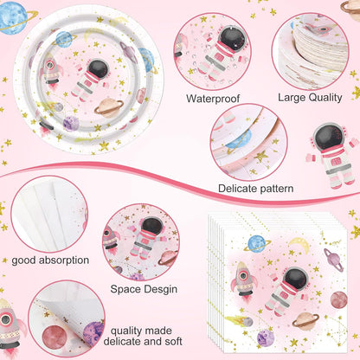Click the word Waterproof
click(213, 99)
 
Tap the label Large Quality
click(310, 98)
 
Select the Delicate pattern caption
click(256, 189)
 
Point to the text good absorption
click(50, 260)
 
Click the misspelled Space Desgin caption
click(144, 289)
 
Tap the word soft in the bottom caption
click(173, 342)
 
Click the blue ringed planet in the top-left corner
click(15, 18)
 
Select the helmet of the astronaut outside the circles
click(328, 137)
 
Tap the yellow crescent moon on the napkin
click(299, 244)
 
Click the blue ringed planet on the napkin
click(257, 244)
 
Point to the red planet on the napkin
click(338, 299)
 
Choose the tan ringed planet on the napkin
click(305, 320)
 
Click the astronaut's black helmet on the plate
click(98, 68)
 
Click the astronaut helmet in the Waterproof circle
click(233, 38)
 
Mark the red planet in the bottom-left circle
click(54, 337)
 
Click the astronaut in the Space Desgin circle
click(145, 237)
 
